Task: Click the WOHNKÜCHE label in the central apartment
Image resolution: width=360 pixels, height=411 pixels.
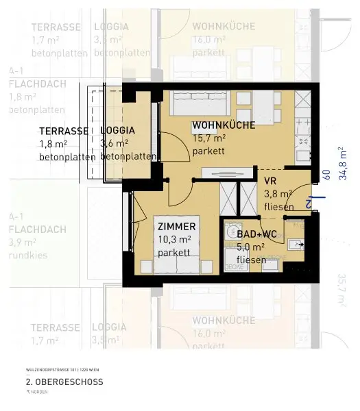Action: click(x=224, y=125)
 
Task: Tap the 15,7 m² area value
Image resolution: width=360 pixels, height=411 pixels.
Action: click(x=209, y=138)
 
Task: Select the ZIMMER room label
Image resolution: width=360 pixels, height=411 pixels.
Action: click(x=176, y=227)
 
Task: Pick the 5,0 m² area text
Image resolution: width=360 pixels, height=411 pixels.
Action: click(x=252, y=247)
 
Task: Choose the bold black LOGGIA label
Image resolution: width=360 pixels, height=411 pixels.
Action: click(x=117, y=131)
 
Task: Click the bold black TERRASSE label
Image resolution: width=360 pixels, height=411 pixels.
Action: click(x=64, y=131)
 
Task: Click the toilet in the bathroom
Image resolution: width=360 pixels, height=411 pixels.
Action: click(x=296, y=242)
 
